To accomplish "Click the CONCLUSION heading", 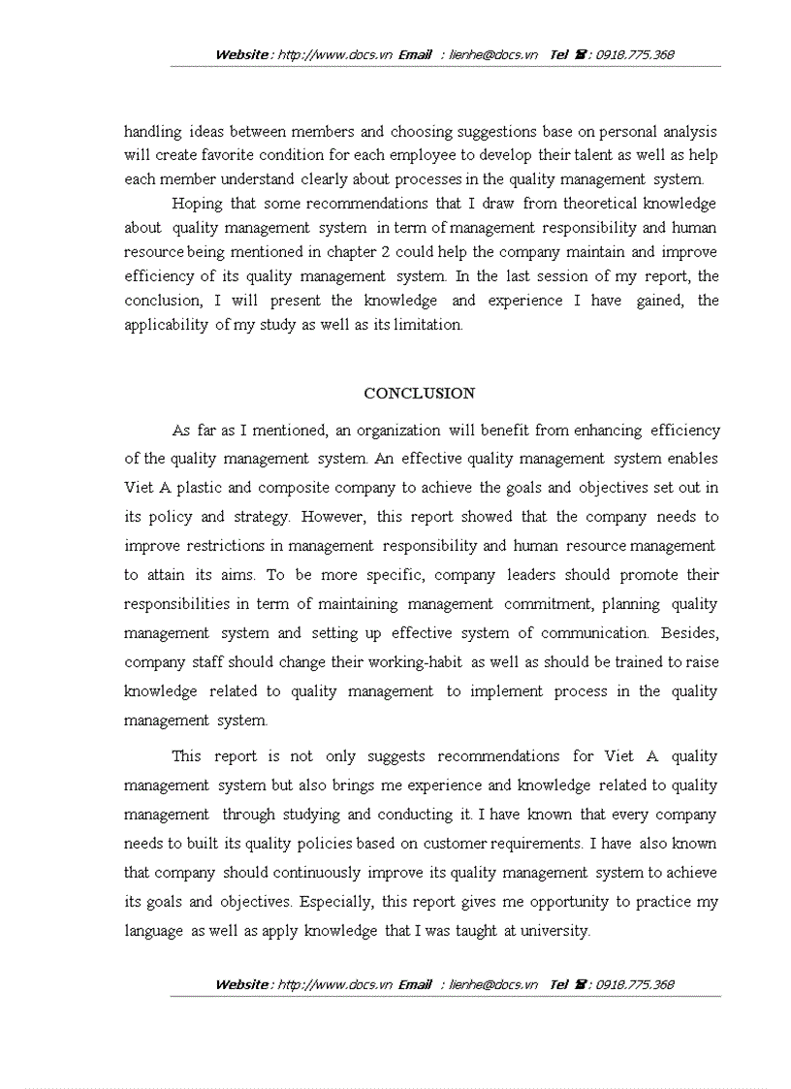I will [419, 394].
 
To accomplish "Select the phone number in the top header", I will [636, 54].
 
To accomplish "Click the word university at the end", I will [554, 931].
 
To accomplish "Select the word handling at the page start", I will [152, 131].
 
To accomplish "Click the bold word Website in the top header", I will [242, 54].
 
